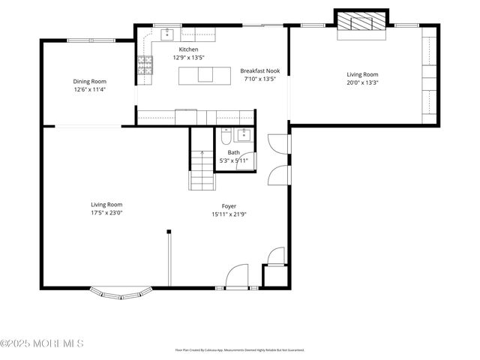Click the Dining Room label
pos(89,81)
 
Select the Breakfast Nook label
pos(259,70)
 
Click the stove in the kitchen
pos(144,67)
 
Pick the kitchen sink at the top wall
pos(167,34)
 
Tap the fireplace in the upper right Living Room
pos(361,23)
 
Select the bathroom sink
pos(243,134)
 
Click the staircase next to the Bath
pos(202,170)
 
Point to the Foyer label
pos(229,206)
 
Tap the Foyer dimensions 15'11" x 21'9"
pos(229,214)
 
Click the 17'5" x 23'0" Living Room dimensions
pos(106,212)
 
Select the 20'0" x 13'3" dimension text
pos(362,82)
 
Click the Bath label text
pos(234,152)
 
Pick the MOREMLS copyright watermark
pos(42,343)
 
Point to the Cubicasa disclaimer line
pos(239,349)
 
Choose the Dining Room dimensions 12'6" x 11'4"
pos(89,89)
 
